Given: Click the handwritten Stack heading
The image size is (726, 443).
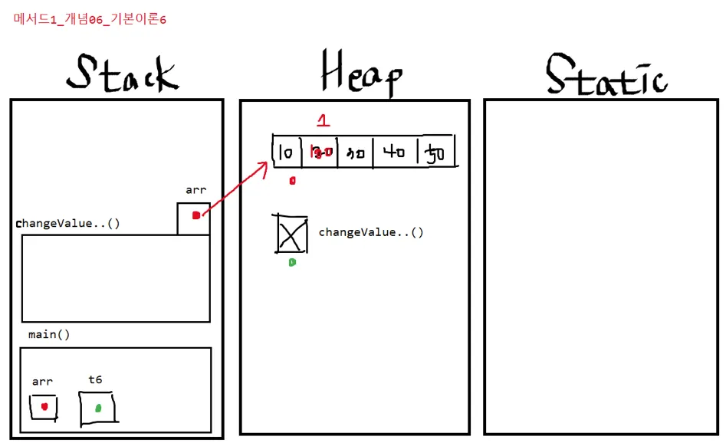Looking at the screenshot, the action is (x=123, y=74).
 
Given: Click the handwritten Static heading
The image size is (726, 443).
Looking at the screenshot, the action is (x=606, y=75).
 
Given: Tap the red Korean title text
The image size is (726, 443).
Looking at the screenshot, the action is (x=90, y=19).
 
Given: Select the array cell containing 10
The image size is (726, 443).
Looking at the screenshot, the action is (x=287, y=153).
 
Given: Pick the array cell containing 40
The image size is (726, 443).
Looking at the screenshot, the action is (x=394, y=153).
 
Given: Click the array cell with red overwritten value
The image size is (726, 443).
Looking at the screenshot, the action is (x=321, y=153).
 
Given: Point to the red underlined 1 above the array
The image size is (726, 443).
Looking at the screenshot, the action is (x=323, y=120).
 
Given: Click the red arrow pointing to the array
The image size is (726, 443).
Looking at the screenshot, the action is (x=234, y=192).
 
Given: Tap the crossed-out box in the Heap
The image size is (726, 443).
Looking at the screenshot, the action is (x=292, y=234).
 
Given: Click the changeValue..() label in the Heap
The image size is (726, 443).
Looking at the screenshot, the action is (x=370, y=232).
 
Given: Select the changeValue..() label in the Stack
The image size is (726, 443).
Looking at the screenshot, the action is (x=68, y=224).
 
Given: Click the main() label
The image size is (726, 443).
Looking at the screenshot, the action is (x=49, y=335).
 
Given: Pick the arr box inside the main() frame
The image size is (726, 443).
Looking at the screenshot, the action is (x=44, y=406).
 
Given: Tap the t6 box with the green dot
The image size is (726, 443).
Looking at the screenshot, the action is (x=98, y=408).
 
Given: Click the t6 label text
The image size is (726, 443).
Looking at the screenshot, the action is (x=95, y=379).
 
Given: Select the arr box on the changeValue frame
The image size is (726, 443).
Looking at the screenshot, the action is (x=194, y=218).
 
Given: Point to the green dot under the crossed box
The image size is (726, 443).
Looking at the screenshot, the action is (x=292, y=262).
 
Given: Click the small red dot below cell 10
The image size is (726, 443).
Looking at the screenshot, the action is (x=292, y=181).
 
